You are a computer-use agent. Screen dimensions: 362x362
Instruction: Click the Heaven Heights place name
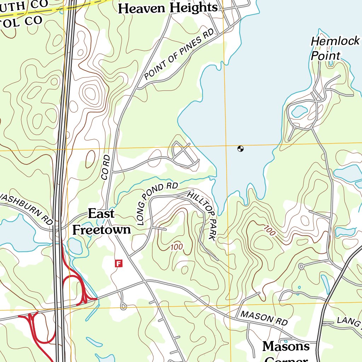[x=168, y=8]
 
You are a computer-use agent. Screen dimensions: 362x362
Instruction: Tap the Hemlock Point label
[x=334, y=48]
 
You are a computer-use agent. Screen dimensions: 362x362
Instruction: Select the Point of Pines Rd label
[x=179, y=54]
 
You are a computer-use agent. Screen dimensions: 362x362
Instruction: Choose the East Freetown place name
[x=101, y=222]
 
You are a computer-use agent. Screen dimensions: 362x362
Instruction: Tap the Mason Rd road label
[x=264, y=318]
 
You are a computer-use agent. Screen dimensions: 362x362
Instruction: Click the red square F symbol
[x=119, y=263]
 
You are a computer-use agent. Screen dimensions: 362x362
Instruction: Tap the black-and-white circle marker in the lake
[x=240, y=149]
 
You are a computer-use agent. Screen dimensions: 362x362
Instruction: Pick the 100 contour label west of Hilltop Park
[x=176, y=247]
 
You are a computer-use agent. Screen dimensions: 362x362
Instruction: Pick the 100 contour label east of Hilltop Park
[x=269, y=231]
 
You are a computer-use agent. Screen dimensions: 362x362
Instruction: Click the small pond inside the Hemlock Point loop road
[x=299, y=111]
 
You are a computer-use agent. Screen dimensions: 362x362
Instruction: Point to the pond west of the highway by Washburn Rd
[x=16, y=235]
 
